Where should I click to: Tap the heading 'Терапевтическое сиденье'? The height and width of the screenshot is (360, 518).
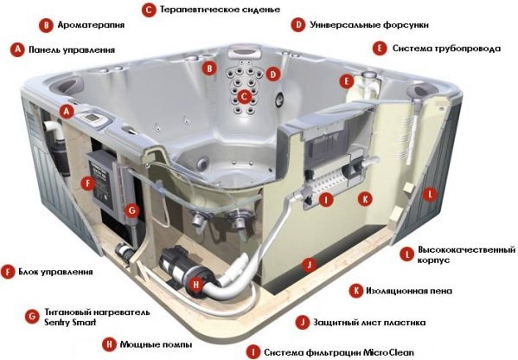(212, 10)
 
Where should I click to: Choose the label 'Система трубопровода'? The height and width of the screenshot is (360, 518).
(445, 48)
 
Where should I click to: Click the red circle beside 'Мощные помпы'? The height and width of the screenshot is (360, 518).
(108, 344)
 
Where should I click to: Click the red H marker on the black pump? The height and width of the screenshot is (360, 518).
(197, 283)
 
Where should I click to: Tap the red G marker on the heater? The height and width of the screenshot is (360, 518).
(131, 209)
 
